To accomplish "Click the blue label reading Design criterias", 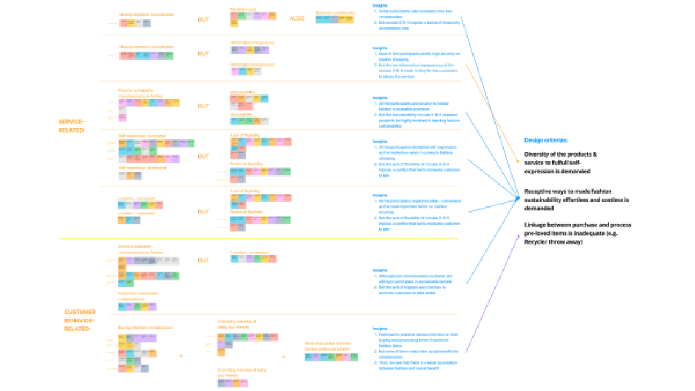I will click(x=546, y=141).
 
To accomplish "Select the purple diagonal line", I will click(x=493, y=292).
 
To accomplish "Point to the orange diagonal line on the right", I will click(x=493, y=113).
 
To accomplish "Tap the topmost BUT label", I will click(x=204, y=20).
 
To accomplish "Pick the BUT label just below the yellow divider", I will click(x=204, y=260).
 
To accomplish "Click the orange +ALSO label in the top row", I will click(x=297, y=18).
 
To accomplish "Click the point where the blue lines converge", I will click(x=519, y=197).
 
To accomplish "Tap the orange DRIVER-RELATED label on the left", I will click(x=71, y=125).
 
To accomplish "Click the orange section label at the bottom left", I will click(x=79, y=320).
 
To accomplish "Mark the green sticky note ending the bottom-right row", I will click(x=354, y=357).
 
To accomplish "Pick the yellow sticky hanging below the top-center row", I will click(x=235, y=24).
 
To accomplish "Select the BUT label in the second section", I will click(x=204, y=54).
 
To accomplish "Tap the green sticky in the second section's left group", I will click(x=169, y=55).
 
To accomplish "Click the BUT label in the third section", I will click(x=204, y=106).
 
